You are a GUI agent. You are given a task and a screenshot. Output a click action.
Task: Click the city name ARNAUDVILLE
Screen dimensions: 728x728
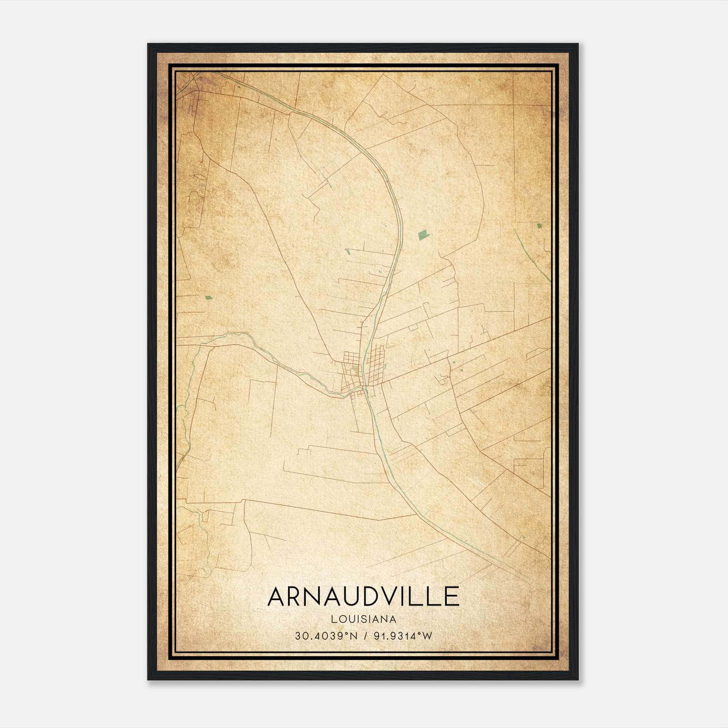(x=363, y=597)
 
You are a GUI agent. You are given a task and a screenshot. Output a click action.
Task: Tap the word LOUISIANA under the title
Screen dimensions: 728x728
(x=364, y=619)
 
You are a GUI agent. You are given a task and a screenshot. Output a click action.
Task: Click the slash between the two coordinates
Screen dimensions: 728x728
(x=363, y=636)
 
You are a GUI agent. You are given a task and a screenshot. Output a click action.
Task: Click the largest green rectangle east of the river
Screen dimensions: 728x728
(x=423, y=235)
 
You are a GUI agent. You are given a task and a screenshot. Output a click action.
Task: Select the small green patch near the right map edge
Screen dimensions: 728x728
(x=539, y=226)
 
